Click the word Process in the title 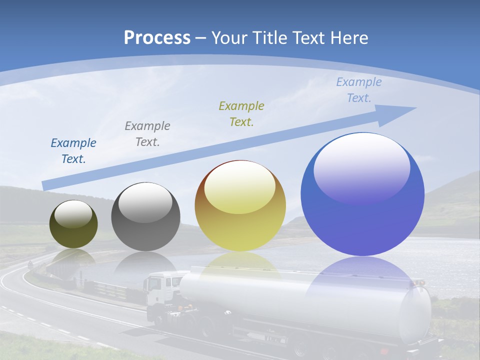coord(157,37)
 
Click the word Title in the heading coord(267,37)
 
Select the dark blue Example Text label coord(73,151)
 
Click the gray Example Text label coord(147,133)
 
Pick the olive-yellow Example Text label coord(241,113)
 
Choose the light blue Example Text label coord(358,90)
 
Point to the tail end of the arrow coord(46,185)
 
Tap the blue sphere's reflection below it coord(362,280)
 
